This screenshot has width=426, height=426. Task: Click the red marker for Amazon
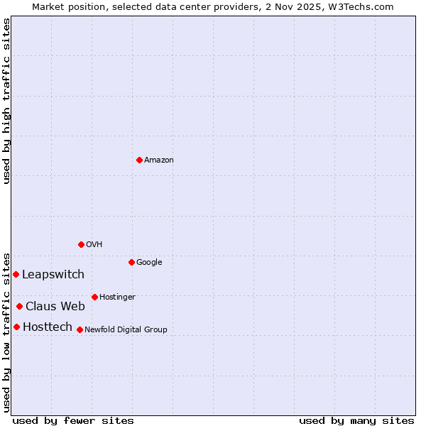point(139,160)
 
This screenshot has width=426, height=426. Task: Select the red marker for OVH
point(81,244)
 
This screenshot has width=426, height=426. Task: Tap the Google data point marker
point(131,262)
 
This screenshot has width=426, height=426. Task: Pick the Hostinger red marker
point(94,297)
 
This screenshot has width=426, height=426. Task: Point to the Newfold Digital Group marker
point(80,329)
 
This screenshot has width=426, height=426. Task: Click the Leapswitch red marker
point(16,274)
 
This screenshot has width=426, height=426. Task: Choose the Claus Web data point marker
point(19,306)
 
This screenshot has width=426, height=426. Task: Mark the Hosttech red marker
point(16,327)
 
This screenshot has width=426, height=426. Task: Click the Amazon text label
point(159,160)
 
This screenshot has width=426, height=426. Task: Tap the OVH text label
point(94,245)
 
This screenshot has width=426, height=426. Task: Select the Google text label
point(149,263)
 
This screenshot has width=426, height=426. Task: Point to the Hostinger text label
point(117,297)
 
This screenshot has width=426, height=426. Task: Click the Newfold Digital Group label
point(126,330)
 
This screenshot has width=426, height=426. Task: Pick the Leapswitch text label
point(53,275)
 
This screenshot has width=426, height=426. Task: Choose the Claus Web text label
point(55,307)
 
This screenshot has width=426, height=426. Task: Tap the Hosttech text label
point(48,327)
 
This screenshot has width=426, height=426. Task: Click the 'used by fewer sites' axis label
point(73,420)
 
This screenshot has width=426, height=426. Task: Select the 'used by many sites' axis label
point(356,420)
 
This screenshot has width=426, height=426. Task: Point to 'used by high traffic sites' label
point(7,101)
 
